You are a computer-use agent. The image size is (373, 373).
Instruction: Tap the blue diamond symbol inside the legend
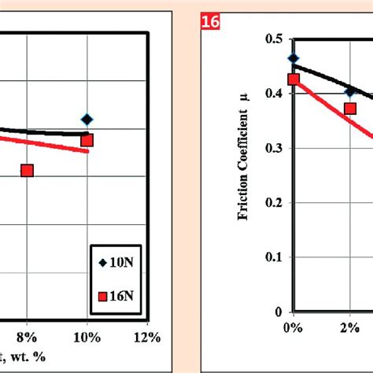[x=102, y=264]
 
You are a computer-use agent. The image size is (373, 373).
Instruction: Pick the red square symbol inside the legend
[x=102, y=296]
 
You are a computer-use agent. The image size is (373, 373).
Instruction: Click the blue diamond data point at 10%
[x=87, y=120]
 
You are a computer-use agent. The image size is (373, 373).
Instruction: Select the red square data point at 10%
[x=87, y=140]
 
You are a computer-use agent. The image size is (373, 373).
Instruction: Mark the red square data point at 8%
[x=27, y=170]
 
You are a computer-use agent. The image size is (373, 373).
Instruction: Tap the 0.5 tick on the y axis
[x=275, y=39]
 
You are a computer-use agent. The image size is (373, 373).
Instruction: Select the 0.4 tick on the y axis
[x=275, y=94]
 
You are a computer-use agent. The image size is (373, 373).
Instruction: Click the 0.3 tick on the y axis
[x=275, y=148]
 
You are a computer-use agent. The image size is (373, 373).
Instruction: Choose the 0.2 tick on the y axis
[x=275, y=202]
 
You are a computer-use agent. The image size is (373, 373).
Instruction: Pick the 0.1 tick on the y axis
[x=275, y=257]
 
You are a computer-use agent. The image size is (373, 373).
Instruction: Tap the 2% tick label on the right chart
[x=350, y=327]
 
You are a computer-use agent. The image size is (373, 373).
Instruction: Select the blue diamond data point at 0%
[x=294, y=58]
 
